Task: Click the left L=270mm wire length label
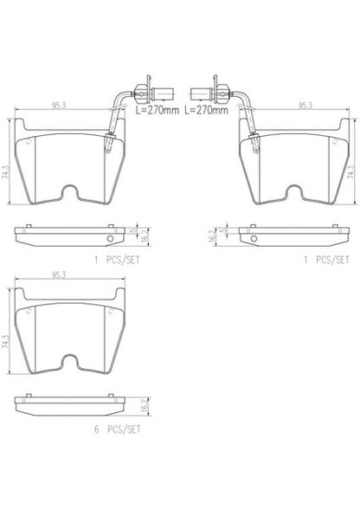tap(157, 110)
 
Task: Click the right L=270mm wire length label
tap(206, 110)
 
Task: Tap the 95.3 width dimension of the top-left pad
tap(59, 105)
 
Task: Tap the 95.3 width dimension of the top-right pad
tap(305, 105)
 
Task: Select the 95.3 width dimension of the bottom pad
tap(59, 274)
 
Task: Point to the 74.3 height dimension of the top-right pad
tap(350, 171)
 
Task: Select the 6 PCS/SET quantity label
tap(118, 429)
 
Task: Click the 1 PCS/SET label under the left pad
tap(117, 260)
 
